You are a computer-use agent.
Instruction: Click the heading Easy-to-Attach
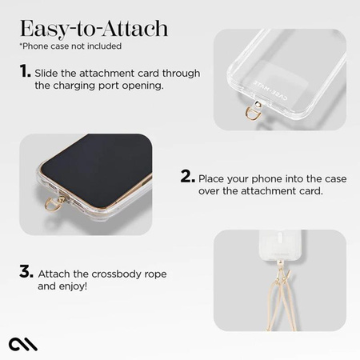[x=94, y=30]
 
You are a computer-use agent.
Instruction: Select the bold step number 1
[x=25, y=72]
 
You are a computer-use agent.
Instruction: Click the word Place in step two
[x=216, y=178]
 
